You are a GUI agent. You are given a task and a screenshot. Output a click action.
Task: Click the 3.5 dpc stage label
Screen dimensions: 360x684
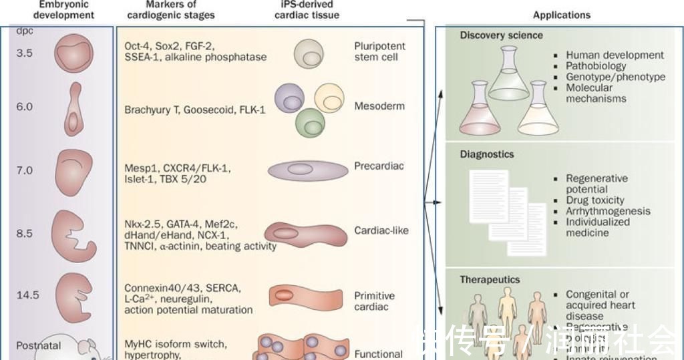[x=25, y=53]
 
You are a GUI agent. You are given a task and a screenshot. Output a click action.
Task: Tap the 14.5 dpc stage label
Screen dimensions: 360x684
[x=27, y=295]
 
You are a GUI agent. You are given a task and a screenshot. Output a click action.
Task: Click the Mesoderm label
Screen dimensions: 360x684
[x=379, y=106]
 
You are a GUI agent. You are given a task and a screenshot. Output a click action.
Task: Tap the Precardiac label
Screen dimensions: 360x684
[x=379, y=166]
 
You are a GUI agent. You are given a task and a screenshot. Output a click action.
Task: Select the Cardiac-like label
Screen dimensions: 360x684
[x=381, y=230]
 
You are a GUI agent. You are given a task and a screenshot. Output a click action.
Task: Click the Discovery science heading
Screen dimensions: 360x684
[x=501, y=35]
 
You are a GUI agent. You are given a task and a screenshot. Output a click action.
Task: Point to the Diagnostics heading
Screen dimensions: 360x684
[x=487, y=154]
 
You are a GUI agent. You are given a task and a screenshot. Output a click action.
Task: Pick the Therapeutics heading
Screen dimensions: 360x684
[x=490, y=280]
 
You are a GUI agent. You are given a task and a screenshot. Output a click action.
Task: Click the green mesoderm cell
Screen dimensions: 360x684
[x=310, y=123]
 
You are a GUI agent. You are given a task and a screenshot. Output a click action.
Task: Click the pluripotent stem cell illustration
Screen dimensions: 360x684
[x=309, y=52]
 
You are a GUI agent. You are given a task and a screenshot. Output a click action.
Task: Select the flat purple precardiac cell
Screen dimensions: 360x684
[x=308, y=170]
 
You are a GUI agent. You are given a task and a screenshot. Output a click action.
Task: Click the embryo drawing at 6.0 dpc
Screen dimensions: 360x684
[x=73, y=109]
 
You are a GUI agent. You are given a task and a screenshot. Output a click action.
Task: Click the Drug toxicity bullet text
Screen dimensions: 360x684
[x=594, y=200]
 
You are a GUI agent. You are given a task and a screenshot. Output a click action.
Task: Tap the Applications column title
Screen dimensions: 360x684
[x=562, y=15]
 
